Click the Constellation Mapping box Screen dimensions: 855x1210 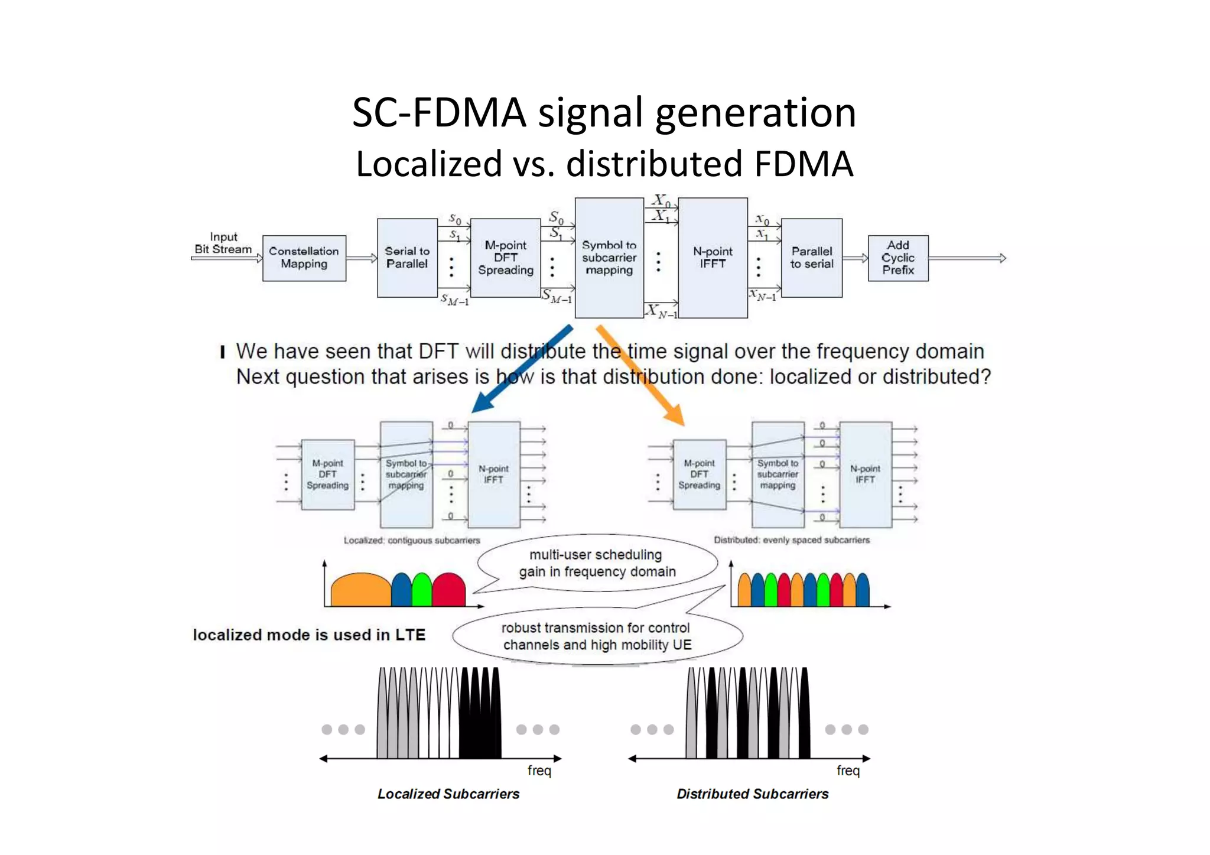(x=304, y=258)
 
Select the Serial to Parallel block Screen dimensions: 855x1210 (x=406, y=258)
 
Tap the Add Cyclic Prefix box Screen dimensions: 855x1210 (x=897, y=258)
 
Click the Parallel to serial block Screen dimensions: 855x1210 (x=811, y=258)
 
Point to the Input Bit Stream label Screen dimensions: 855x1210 (x=223, y=243)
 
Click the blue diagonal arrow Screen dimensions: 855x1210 (x=522, y=369)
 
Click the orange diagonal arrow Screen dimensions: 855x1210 (x=641, y=375)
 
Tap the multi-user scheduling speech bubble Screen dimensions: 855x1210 (x=597, y=563)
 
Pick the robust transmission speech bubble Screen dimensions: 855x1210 (x=597, y=636)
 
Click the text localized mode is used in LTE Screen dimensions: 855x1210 (x=309, y=635)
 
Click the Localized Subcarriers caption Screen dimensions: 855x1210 (x=448, y=794)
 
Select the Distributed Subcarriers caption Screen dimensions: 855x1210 (x=752, y=794)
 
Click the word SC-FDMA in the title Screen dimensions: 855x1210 (x=438, y=112)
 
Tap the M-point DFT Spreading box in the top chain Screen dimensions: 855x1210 (x=505, y=258)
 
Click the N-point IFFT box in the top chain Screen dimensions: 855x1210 (x=713, y=258)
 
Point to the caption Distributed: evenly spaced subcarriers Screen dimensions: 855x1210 (x=791, y=540)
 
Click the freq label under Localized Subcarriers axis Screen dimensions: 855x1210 (x=539, y=771)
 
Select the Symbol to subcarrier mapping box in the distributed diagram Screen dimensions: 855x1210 (x=778, y=474)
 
